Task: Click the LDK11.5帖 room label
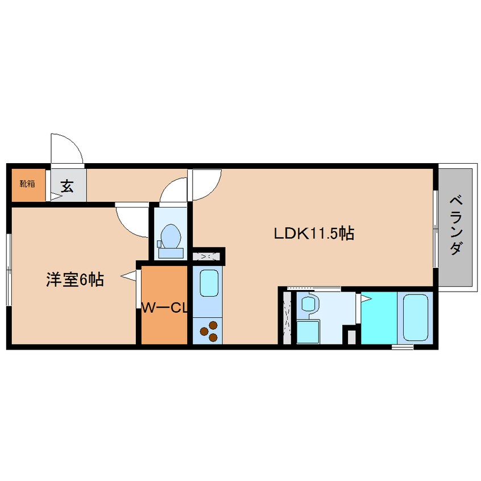pyautogui.click(x=314, y=233)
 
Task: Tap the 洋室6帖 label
pyautogui.click(x=74, y=280)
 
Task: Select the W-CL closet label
pyautogui.click(x=164, y=308)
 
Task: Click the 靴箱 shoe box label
pyautogui.click(x=26, y=184)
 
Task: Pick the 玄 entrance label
pyautogui.click(x=67, y=186)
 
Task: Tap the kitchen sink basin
pyautogui.click(x=209, y=283)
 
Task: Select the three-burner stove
pyautogui.click(x=209, y=331)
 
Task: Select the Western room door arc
pyautogui.click(x=132, y=220)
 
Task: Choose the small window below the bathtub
pyautogui.click(x=403, y=346)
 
